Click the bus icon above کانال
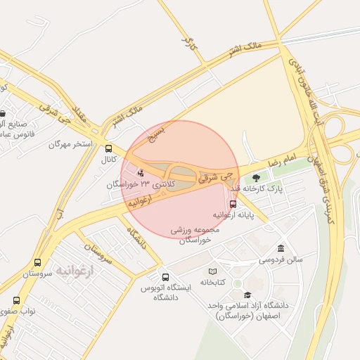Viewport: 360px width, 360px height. (x=108, y=148)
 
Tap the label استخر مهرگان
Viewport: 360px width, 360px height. (x=70, y=143)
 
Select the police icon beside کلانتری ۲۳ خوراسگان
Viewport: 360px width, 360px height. (x=141, y=172)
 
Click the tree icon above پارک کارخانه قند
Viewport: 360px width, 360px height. (x=255, y=178)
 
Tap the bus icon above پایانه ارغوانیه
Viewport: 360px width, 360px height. (x=233, y=203)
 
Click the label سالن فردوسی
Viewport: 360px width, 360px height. (x=280, y=259)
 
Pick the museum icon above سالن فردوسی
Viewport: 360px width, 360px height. (x=281, y=248)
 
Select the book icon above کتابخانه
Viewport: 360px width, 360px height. (x=212, y=271)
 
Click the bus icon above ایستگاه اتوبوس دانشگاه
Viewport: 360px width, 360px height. (x=165, y=277)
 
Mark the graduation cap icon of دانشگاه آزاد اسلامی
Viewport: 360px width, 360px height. (x=247, y=295)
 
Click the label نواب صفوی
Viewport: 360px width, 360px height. (x=17, y=310)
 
